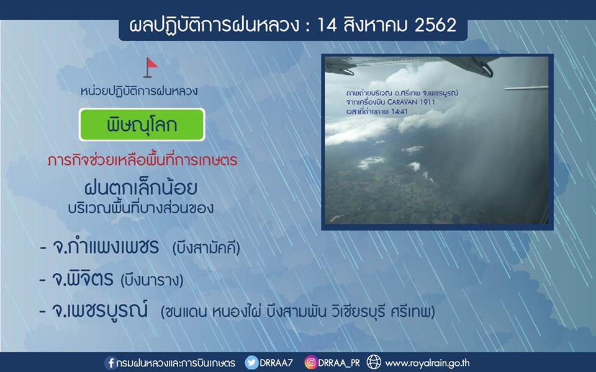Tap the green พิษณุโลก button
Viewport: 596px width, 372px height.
point(142,125)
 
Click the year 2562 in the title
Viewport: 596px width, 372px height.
point(435,25)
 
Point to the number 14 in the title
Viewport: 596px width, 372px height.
point(325,25)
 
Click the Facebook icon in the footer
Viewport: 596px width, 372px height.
point(111,363)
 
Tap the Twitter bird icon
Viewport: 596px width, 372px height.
point(251,363)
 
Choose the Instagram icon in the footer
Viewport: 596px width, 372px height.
point(310,363)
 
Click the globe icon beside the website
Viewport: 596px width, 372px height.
point(374,362)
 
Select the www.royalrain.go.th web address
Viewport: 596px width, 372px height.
point(427,363)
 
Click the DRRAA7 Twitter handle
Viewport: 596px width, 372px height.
point(276,363)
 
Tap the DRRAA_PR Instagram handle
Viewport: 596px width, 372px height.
point(339,363)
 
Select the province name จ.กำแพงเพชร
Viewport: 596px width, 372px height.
point(106,247)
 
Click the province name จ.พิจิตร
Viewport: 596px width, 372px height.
point(83,279)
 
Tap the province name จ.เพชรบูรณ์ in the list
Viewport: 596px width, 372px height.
point(99,310)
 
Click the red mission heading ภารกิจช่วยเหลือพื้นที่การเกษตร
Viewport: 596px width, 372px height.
point(143,160)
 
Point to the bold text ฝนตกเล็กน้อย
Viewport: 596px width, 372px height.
point(141,187)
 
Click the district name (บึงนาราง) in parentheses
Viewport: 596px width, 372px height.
point(151,280)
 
